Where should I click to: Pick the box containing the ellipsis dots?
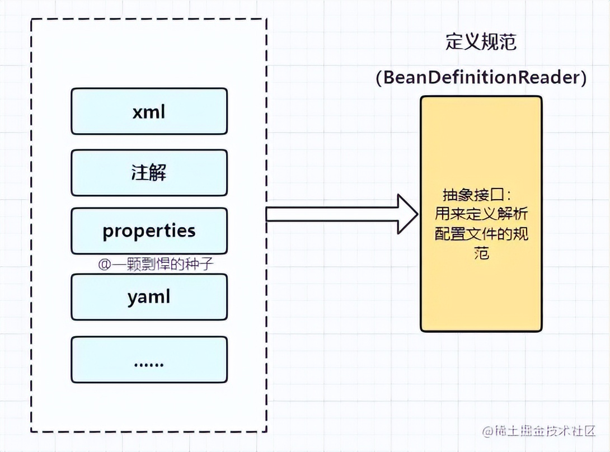(149, 360)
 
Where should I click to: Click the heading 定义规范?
(481, 42)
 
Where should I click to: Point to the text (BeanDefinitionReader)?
(481, 78)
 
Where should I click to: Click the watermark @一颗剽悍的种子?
(156, 264)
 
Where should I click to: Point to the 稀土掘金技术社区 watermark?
(539, 431)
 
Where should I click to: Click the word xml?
(149, 112)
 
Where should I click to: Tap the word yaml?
(148, 296)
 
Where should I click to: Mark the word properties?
(149, 231)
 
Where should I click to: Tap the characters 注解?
(149, 173)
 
